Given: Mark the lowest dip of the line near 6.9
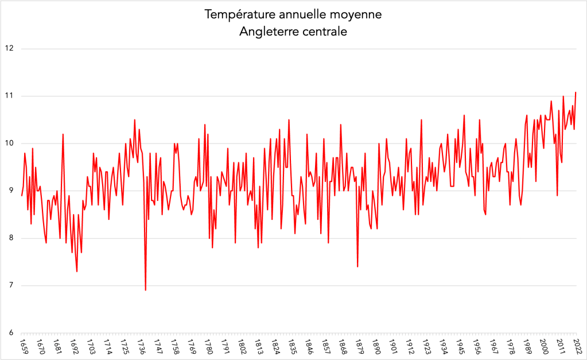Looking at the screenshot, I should [x=146, y=290].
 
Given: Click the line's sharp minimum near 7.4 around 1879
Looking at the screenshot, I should [x=357, y=266].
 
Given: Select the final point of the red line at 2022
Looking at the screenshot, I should [x=576, y=92].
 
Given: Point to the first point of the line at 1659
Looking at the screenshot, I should [x=22, y=196].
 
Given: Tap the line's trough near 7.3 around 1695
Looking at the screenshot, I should [x=77, y=271].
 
